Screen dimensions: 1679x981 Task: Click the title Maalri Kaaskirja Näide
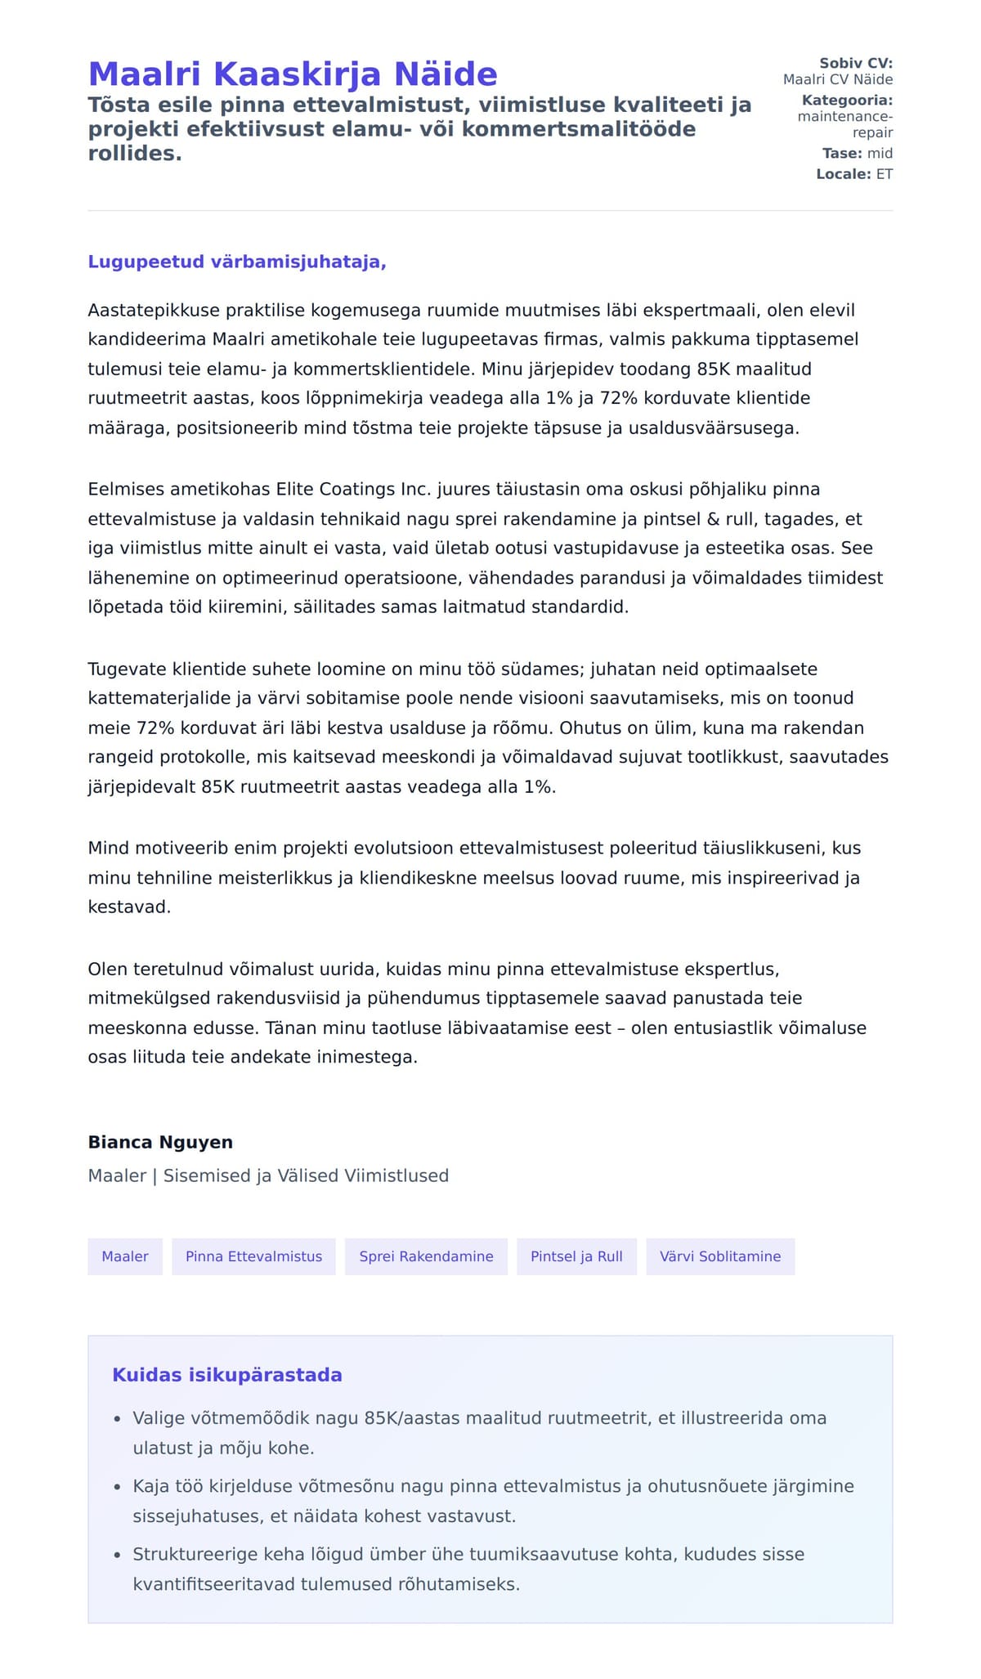tap(293, 74)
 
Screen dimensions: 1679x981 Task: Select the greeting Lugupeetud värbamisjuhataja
tap(237, 262)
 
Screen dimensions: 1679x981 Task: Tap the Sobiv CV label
tap(856, 63)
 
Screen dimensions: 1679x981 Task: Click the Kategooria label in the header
tap(847, 101)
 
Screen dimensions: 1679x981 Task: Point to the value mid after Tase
tap(880, 154)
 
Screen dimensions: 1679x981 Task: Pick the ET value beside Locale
tap(885, 174)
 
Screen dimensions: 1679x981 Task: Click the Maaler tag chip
tap(125, 1256)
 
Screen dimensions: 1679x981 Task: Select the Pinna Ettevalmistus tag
tap(253, 1256)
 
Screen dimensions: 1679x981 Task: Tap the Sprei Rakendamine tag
tap(426, 1256)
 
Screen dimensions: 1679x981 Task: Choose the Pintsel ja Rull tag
tap(576, 1256)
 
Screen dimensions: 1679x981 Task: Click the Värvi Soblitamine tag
tap(720, 1256)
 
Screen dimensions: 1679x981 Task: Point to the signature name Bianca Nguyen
tap(160, 1142)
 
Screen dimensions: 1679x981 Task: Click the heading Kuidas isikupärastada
tap(227, 1375)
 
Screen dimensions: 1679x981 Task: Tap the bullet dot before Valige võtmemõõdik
tap(117, 1419)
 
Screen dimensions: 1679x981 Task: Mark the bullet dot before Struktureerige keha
tap(117, 1555)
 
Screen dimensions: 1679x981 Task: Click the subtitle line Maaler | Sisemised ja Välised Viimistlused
tap(268, 1175)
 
